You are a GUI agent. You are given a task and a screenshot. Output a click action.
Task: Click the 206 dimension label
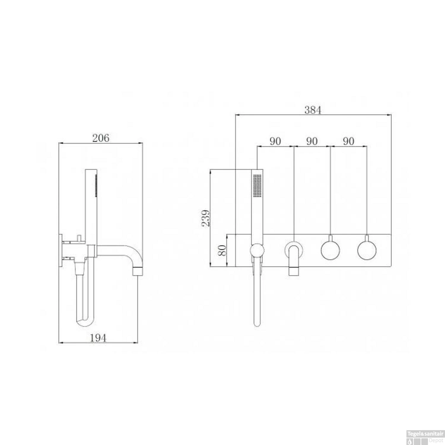coord(101,138)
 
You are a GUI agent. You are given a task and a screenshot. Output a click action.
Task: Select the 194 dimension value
coord(98,338)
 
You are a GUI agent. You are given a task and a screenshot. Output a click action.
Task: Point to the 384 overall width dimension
coord(313,110)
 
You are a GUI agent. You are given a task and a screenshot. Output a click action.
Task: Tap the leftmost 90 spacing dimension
coord(275,141)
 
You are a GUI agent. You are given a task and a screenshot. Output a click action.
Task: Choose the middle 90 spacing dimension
coord(311,141)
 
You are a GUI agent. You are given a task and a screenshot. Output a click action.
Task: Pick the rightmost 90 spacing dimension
coord(348,141)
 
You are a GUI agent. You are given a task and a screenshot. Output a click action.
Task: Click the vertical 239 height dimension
coord(206,218)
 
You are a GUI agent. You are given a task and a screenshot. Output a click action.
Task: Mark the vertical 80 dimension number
coord(222,250)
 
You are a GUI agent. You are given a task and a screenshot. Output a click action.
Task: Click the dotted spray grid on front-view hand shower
coord(257,185)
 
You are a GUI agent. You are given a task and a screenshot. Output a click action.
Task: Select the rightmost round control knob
coord(367,250)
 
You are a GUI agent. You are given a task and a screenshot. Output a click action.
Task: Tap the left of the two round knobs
coord(330,250)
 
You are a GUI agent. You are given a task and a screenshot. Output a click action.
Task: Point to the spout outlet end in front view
coord(294,271)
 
